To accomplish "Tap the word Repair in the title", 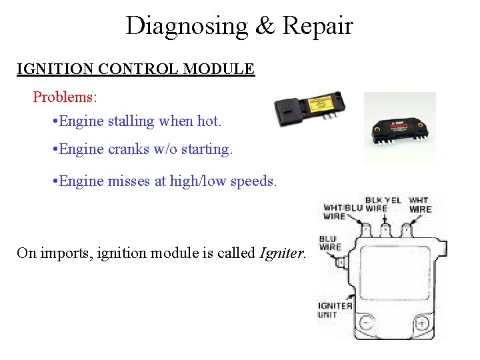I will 317,26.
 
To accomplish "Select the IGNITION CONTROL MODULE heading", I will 135,69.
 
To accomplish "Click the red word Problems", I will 65,97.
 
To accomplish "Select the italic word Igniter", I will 282,253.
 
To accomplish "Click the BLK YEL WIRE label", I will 383,203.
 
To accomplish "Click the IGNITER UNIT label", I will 334,310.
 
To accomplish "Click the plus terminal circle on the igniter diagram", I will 421,324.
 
